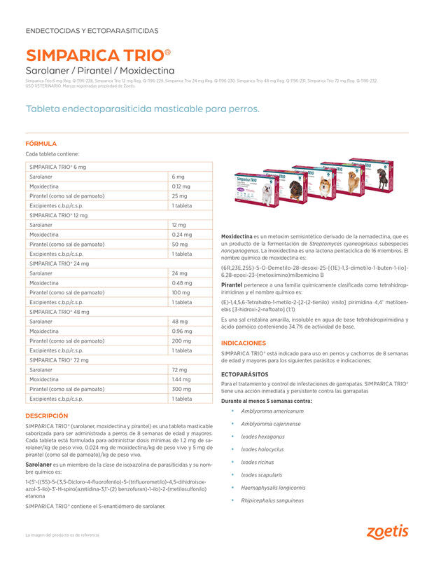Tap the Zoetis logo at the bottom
[x=386, y=531]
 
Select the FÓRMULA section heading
[x=41, y=143]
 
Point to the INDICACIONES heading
[x=243, y=343]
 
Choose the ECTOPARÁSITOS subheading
[x=245, y=373]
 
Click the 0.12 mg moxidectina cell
[x=181, y=186]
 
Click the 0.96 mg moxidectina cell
[x=182, y=331]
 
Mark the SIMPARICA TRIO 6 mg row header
[x=57, y=167]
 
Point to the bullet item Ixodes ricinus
[x=258, y=462]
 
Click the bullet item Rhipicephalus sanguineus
[x=272, y=500]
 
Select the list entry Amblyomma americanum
[x=272, y=411]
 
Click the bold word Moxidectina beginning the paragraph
[x=237, y=237]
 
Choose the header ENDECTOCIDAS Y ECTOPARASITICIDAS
[x=92, y=31]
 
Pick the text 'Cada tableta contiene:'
[x=52, y=153]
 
